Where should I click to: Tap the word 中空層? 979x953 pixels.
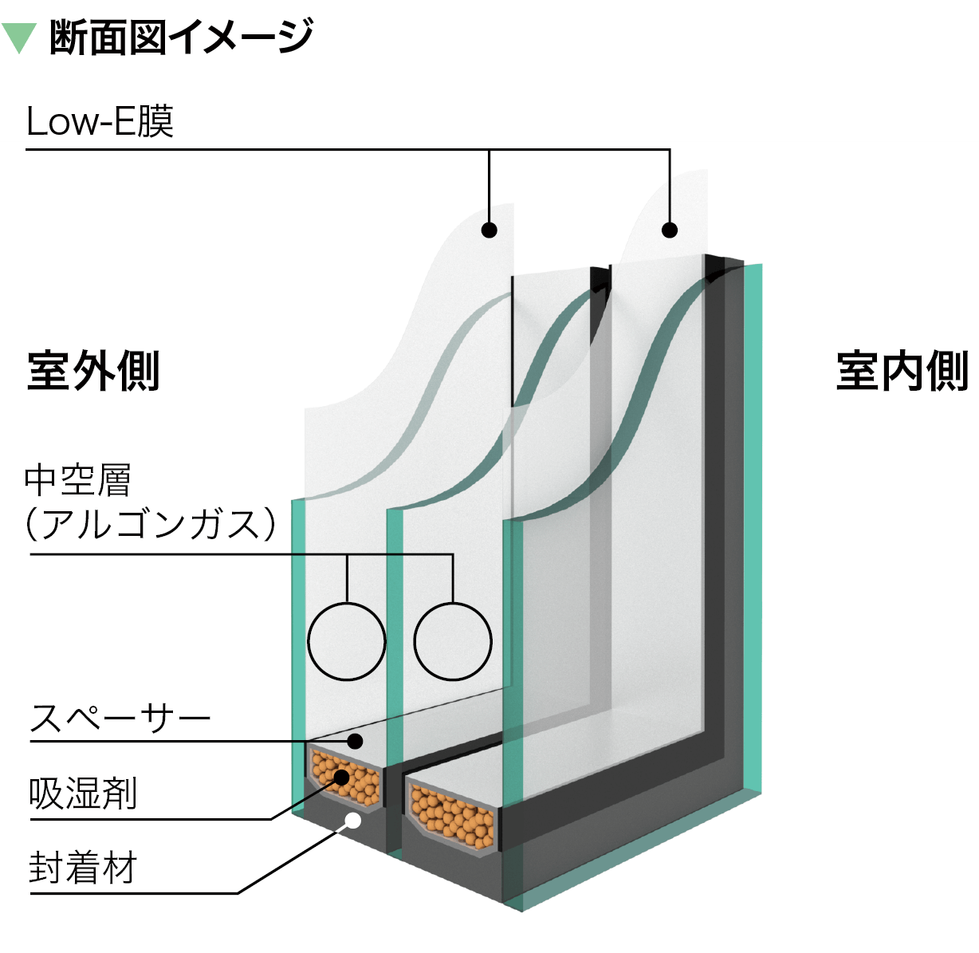click(x=77, y=480)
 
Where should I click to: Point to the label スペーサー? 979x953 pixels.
click(x=120, y=719)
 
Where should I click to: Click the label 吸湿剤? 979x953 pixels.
click(x=83, y=794)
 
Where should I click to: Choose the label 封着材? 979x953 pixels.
click(x=83, y=868)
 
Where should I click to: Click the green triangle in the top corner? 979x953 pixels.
click(x=18, y=37)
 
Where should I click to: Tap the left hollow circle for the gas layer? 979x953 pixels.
click(x=347, y=641)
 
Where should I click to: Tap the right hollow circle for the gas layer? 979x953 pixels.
click(x=453, y=641)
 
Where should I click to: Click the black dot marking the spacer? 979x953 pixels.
click(x=356, y=742)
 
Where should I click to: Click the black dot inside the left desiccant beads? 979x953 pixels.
click(x=342, y=776)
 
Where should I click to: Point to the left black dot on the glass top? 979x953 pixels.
click(x=489, y=230)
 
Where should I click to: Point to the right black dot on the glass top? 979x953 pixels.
click(x=670, y=230)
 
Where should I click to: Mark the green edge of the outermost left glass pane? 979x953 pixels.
click(x=297, y=654)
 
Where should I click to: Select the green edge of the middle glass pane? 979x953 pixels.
click(x=393, y=638)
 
